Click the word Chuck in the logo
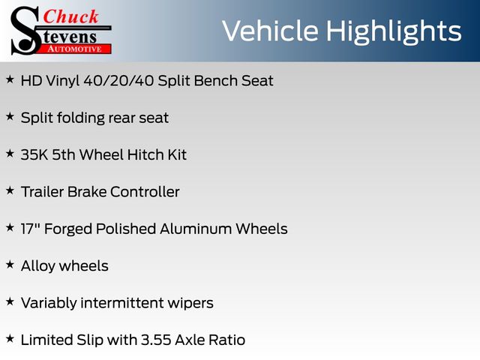[x=70, y=16]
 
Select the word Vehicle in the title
[x=270, y=31]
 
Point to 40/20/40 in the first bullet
[x=118, y=81]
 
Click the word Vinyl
[x=63, y=82]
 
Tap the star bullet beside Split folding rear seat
[x=10, y=117]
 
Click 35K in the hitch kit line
[x=34, y=155]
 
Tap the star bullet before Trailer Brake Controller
[x=10, y=190]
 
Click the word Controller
[x=145, y=192]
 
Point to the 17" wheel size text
[x=31, y=229]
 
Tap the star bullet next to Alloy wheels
[x=10, y=265]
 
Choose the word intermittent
[x=122, y=303]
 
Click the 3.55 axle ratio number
[x=156, y=340]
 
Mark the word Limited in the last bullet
[x=46, y=340]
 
